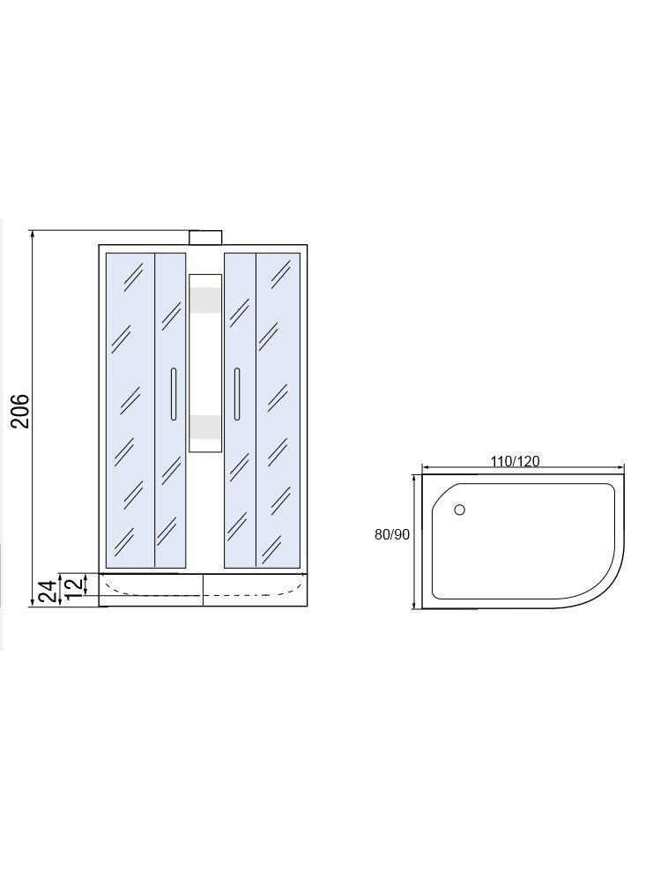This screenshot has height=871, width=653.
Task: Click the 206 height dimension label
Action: (x=21, y=411)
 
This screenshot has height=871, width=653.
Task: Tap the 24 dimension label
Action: (x=48, y=591)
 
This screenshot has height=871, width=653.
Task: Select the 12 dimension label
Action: (x=74, y=585)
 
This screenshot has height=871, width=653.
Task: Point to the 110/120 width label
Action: (x=515, y=461)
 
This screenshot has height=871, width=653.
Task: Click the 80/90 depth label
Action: (x=391, y=534)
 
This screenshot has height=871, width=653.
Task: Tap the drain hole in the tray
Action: (x=459, y=510)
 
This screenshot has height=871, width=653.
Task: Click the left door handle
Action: (x=174, y=394)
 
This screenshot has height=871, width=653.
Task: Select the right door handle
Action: (x=237, y=394)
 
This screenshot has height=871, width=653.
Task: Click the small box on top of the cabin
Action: (x=205, y=238)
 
